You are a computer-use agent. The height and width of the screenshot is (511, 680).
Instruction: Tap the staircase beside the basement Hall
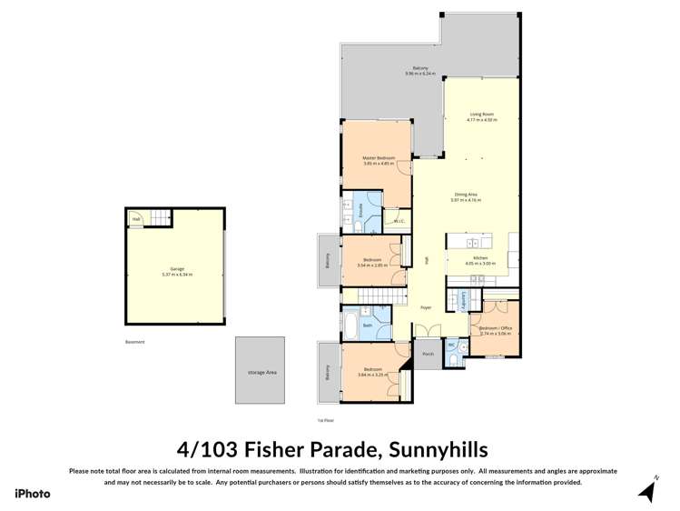[x=160, y=218]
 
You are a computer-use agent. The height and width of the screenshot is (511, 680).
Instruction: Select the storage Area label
[x=262, y=372]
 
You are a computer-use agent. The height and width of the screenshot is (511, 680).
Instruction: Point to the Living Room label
[x=481, y=115]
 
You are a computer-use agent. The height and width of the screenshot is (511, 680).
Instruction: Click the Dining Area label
[x=468, y=194]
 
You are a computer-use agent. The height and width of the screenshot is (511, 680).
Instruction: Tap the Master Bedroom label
[x=378, y=158]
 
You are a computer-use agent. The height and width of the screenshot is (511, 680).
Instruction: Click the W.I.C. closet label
[x=398, y=221]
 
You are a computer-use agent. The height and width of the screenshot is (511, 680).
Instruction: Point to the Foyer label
[x=426, y=308]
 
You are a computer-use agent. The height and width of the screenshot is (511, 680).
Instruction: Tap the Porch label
[x=427, y=354]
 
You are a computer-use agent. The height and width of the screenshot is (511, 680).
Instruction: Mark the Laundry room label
[x=462, y=300]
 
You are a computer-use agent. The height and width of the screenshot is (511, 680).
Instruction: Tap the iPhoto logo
[x=33, y=493]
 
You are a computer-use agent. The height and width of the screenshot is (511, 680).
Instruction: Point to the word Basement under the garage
[x=134, y=342]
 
